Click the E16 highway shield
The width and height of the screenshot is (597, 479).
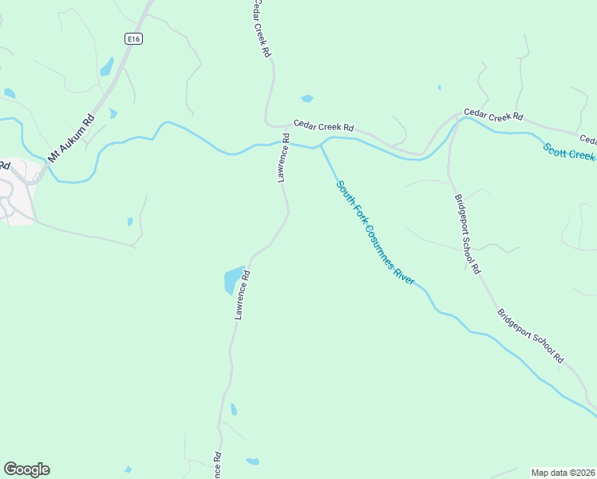pos(133,38)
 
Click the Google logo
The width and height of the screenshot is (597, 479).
pos(26,469)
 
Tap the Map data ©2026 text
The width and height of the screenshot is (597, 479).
pos(563,472)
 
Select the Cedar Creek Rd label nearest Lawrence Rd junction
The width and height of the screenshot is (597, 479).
pos(323,126)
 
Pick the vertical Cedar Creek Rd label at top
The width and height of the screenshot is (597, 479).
pos(261,28)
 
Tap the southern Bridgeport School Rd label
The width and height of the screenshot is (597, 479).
pos(531,336)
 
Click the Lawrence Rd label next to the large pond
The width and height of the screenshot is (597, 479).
pos(242,295)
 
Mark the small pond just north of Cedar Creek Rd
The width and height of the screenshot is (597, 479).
pos(307,99)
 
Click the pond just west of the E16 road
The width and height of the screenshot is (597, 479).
pos(106,67)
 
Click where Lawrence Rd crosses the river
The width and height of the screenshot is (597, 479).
pos(286,144)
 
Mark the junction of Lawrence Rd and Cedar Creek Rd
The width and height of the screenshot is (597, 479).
pos(285,126)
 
